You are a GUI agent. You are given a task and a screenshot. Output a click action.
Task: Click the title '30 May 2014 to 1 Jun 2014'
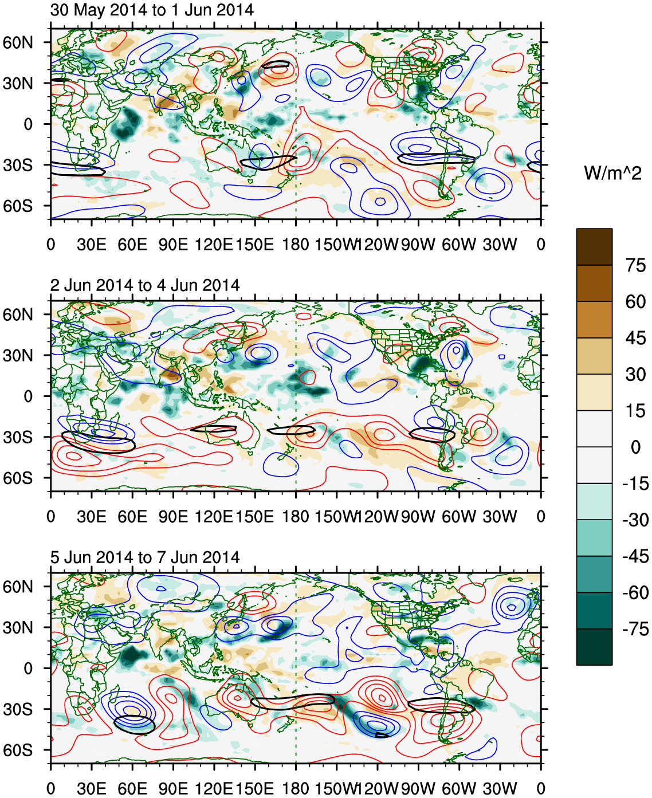point(152,10)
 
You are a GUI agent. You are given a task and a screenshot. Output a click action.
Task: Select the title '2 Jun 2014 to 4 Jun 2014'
point(145,285)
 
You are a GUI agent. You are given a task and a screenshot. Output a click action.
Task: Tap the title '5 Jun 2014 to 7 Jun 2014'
point(145,557)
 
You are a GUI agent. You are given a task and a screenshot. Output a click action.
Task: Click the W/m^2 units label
point(612,172)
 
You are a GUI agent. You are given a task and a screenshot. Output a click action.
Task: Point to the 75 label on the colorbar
point(635,265)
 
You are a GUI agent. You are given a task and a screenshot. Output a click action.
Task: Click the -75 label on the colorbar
point(635,629)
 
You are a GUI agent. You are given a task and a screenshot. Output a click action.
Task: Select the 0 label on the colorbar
point(635,447)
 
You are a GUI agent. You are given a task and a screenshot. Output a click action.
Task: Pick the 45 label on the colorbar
point(635,338)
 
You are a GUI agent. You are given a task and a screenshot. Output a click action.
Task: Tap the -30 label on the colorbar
point(635,520)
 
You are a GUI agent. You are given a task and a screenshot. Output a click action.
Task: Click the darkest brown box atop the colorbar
point(594,247)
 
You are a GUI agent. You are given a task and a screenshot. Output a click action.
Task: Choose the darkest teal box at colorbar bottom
point(594,647)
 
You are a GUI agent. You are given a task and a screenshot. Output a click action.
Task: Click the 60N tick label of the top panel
point(18,42)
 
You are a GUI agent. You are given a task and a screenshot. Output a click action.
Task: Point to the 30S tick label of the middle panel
point(18,437)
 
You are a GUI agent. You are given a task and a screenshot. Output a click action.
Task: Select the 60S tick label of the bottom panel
point(18,750)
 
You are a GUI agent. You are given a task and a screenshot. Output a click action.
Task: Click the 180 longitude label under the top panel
point(296,245)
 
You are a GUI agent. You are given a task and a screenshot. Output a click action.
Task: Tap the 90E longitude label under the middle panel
point(173,517)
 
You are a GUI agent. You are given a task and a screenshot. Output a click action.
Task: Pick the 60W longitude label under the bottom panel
point(459,789)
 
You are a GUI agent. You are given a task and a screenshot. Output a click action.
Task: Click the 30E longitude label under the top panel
point(92,245)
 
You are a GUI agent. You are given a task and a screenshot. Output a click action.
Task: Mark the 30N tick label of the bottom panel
point(18,627)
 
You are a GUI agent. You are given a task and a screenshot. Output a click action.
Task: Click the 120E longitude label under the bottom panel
point(214,789)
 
